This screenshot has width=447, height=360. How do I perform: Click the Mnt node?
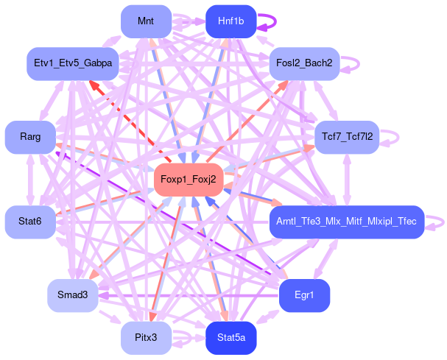click(145, 21)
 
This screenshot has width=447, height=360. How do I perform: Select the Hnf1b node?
click(230, 21)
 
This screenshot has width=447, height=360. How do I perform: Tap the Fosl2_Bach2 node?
click(305, 64)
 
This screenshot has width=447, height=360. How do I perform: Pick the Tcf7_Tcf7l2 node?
click(347, 137)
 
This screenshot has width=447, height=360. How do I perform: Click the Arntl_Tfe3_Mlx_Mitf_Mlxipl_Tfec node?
click(346, 221)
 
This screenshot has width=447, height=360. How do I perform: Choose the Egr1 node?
click(303, 295)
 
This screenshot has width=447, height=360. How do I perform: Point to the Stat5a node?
click(230, 338)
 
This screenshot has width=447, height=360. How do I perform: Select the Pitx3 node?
click(145, 338)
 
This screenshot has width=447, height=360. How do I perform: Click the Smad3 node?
click(73, 295)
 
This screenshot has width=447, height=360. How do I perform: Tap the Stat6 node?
click(30, 221)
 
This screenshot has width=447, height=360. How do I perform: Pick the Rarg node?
click(30, 137)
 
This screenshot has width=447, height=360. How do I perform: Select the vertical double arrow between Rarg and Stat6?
click(30, 179)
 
